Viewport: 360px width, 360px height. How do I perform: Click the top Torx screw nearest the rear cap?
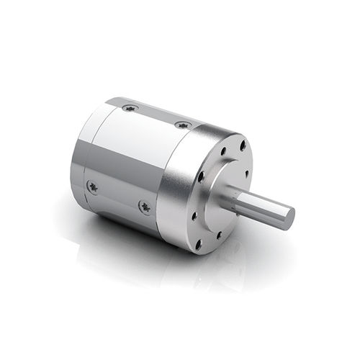click(130, 108)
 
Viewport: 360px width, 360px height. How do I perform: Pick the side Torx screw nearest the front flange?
click(145, 207)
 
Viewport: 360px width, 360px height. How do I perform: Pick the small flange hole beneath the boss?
click(221, 235)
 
